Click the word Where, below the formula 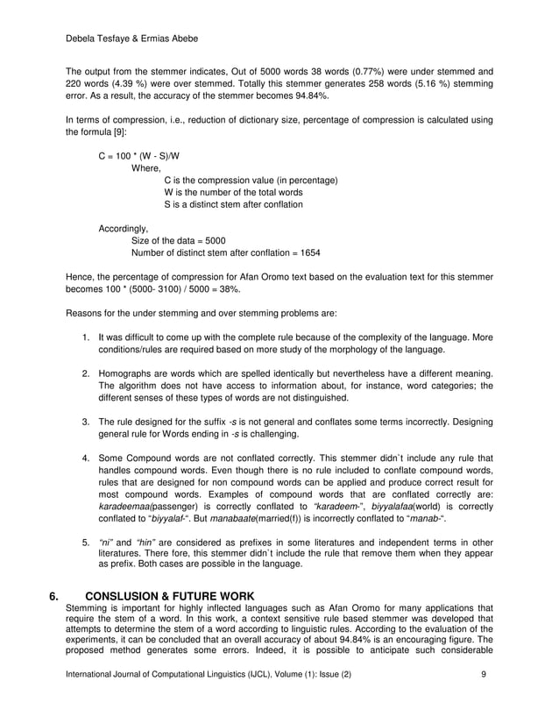(146, 168)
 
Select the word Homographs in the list (124, 375)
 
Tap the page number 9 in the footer (485, 699)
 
